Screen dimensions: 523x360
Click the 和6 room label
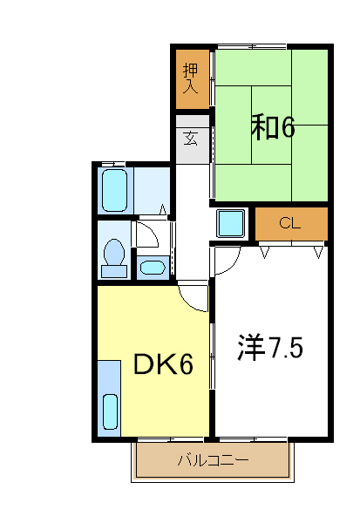(273, 127)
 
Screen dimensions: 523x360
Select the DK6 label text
(162, 364)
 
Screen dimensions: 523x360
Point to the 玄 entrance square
(192, 138)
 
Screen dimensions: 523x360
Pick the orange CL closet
(290, 223)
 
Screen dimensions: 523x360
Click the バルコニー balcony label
(213, 459)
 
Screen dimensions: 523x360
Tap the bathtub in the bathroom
(114, 189)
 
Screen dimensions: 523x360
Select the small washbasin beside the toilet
(153, 268)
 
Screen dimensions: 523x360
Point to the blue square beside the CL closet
(232, 224)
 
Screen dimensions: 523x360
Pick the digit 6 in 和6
(288, 127)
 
